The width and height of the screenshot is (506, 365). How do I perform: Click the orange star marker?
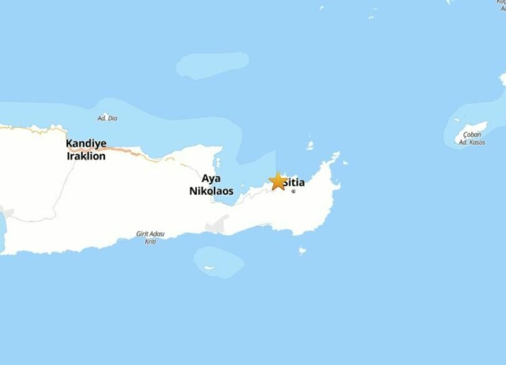[277, 181]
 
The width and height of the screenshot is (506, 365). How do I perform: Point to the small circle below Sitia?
[293, 191]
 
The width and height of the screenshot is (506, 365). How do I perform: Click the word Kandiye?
[86, 144]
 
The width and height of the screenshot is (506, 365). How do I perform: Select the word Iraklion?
[86, 155]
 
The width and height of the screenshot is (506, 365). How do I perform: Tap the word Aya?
[210, 179]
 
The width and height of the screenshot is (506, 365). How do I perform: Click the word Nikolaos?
[210, 191]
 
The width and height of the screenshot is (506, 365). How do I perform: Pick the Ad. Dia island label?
[107, 119]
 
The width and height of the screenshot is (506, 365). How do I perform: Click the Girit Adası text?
[150, 235]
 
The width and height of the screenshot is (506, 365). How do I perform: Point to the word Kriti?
[150, 242]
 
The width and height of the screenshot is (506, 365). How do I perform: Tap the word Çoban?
[472, 134]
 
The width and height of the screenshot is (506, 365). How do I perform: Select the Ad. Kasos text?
[472, 142]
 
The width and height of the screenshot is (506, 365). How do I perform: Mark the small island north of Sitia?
[310, 145]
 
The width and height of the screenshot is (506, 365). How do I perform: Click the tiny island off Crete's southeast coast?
[302, 251]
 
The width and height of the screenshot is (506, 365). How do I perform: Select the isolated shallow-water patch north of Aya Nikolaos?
[212, 65]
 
